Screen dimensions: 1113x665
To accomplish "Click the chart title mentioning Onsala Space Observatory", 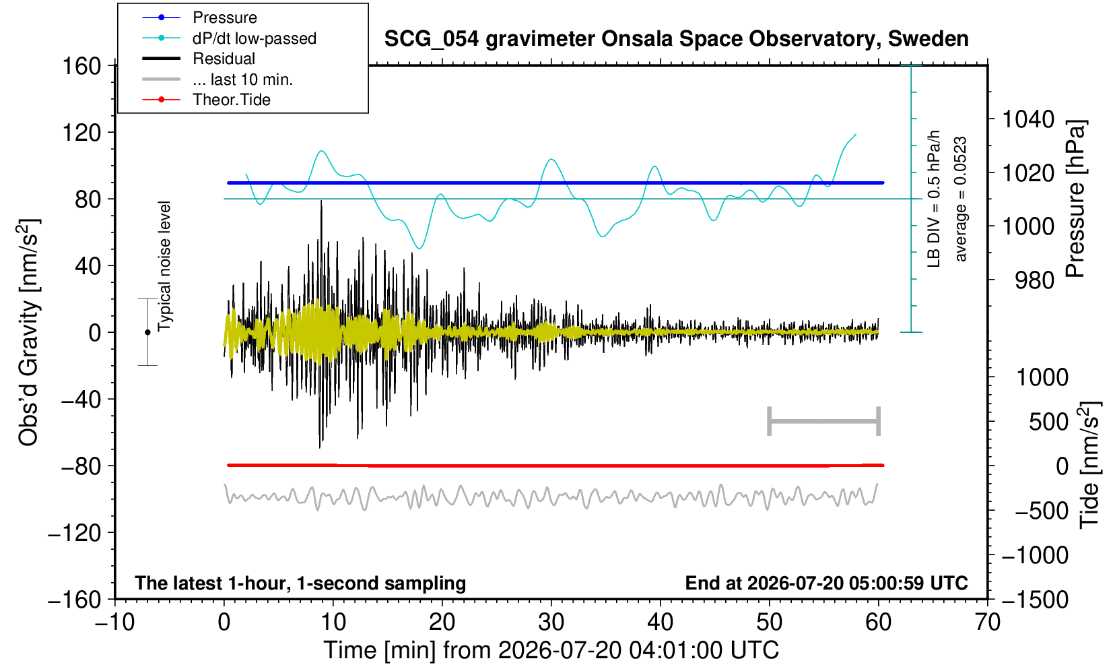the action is pyautogui.click(x=676, y=39).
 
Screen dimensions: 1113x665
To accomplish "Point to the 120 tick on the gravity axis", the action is pyautogui.click(x=81, y=133).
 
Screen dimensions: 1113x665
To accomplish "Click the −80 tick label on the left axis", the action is pyautogui.click(x=81, y=466).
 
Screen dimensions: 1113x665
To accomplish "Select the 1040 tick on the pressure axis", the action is pyautogui.click(x=1028, y=119).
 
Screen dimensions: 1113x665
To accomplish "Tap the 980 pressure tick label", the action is pyautogui.click(x=1034, y=280).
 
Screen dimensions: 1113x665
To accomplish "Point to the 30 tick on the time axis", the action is pyautogui.click(x=551, y=622).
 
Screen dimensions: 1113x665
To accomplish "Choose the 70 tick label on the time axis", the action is pyautogui.click(x=987, y=622).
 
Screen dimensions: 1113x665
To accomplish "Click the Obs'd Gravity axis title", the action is pyautogui.click(x=28, y=332).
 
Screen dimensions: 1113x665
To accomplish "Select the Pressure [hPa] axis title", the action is pyautogui.click(x=1076, y=199).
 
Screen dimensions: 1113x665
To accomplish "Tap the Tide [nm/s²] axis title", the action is pyautogui.click(x=1089, y=466).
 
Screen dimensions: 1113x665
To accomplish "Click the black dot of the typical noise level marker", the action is pyautogui.click(x=147, y=332).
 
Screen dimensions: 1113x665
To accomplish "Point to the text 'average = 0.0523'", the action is pyautogui.click(x=960, y=199).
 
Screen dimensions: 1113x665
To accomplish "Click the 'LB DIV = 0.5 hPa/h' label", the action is pyautogui.click(x=934, y=199).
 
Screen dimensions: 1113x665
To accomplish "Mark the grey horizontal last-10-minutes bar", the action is pyautogui.click(x=824, y=421).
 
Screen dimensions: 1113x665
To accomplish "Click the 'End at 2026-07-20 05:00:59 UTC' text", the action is pyautogui.click(x=826, y=583).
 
